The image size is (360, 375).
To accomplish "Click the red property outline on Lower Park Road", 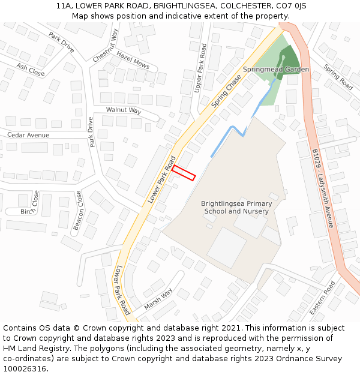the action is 184,173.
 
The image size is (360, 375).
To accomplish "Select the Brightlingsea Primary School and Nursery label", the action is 236,208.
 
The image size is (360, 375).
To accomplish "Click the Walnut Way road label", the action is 124,110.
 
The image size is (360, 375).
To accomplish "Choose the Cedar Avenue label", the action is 28,135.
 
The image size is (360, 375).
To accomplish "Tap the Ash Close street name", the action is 31,70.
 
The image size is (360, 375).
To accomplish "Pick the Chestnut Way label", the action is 106,45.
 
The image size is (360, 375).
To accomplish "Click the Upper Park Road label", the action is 203,67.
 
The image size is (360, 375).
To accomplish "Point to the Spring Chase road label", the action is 227,91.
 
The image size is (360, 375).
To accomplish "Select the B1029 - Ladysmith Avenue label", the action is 322,188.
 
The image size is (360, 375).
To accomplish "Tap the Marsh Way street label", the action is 158,299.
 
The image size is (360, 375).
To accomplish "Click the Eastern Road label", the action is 322,298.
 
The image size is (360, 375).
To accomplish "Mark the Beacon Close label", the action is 77,211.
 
